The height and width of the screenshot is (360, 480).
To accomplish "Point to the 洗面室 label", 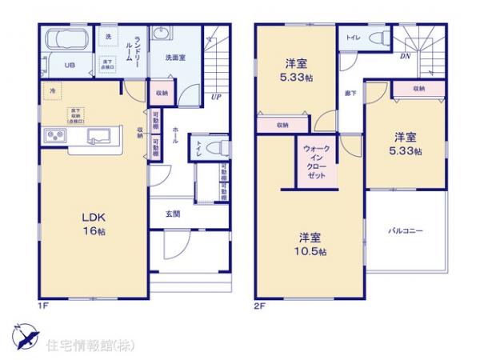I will (176, 57).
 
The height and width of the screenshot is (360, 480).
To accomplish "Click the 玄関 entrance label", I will (172, 214).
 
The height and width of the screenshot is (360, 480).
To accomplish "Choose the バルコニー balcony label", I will (406, 230).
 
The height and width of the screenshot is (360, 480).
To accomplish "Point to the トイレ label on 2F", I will (353, 38).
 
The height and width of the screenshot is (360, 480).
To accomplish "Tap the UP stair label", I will (217, 98).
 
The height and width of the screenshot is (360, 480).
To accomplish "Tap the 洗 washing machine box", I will (107, 37).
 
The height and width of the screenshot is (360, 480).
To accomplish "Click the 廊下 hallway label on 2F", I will (350, 94).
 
